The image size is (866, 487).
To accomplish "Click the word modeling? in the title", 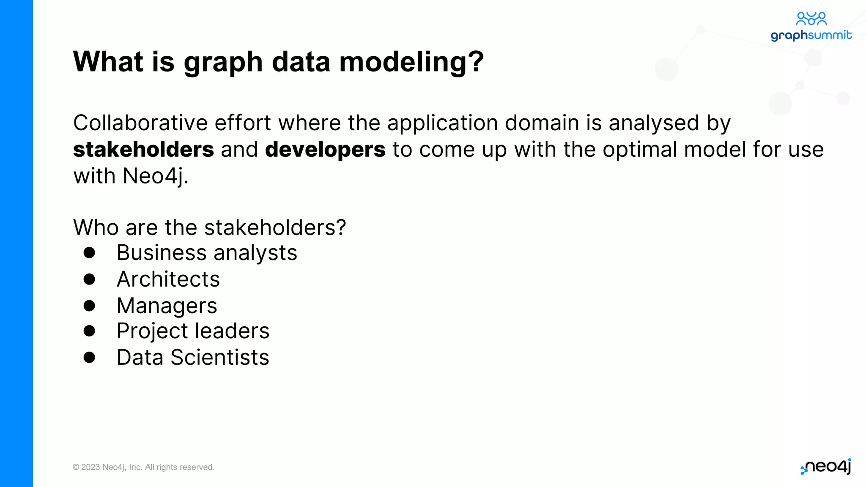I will [411, 62].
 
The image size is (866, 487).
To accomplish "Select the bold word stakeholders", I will [143, 150].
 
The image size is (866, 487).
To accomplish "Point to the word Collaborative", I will [140, 123].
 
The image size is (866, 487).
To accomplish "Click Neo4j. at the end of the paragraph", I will [155, 176].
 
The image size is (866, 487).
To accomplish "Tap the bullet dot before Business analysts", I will [89, 253].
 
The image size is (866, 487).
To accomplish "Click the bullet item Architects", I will [168, 279].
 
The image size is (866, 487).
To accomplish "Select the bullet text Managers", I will [167, 306].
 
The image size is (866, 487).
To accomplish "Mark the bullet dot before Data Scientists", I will [89, 357].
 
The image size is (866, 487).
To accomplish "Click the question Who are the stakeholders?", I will [209, 227].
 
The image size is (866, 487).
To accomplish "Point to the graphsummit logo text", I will [811, 35].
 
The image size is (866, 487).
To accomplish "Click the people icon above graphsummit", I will [811, 18].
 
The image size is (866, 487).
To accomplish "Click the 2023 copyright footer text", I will [143, 467].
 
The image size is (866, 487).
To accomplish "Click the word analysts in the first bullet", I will [255, 253].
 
